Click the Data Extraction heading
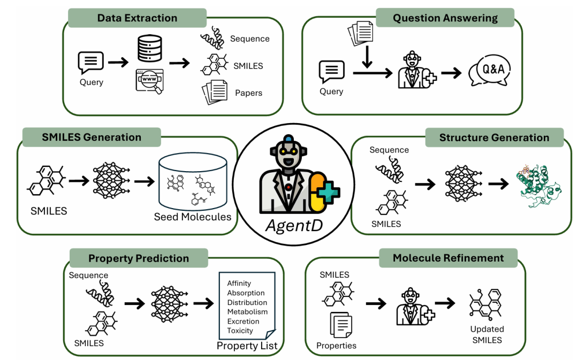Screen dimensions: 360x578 point(137,18)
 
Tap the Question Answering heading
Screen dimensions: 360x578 point(445,18)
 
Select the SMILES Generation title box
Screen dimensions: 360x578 point(92,137)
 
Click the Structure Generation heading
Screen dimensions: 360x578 point(494,138)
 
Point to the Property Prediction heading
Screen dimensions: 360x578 point(139,258)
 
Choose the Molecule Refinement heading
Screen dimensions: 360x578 point(448,258)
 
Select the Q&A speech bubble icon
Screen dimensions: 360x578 point(489,71)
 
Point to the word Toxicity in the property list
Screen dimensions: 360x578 point(240,331)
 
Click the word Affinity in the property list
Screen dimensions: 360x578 point(239,284)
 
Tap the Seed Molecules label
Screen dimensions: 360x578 point(193,217)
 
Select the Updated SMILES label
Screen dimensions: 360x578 point(486,334)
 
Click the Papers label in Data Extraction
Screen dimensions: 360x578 point(248,93)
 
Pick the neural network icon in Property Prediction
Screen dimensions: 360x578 point(169,303)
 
